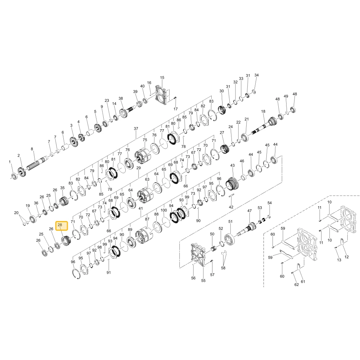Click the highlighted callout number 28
coord(60,225)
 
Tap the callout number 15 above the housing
coord(162,78)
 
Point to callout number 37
coord(136,129)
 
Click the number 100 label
coord(164,210)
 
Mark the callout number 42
coord(231,207)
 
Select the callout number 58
coord(223,268)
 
